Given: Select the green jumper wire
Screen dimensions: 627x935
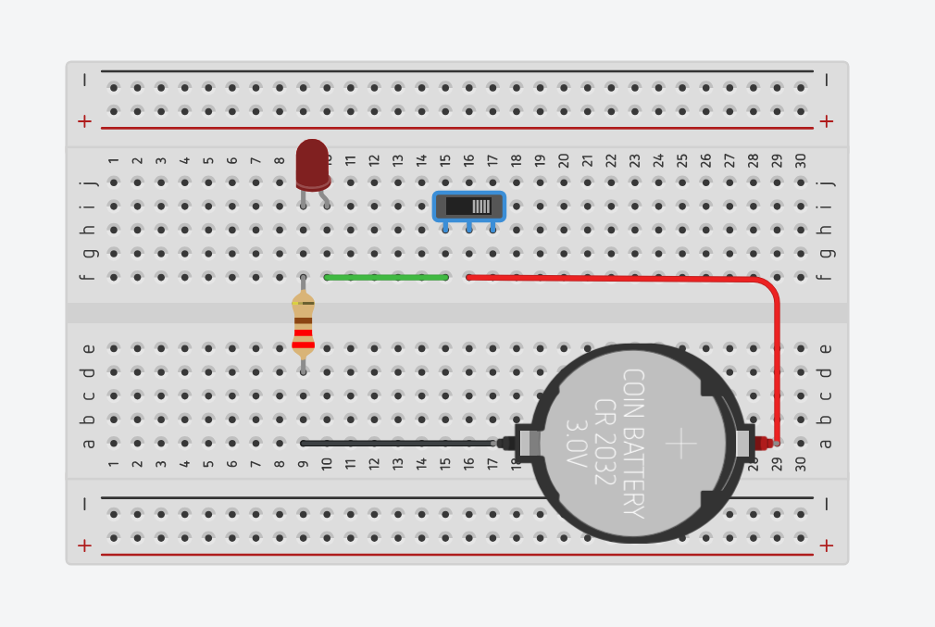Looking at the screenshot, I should pyautogui.click(x=386, y=277).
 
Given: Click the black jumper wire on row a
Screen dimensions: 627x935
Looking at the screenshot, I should pyautogui.click(x=398, y=444).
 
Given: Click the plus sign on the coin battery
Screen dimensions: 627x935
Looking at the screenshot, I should pyautogui.click(x=680, y=444).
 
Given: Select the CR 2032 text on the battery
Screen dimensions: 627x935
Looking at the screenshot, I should pyautogui.click(x=605, y=444).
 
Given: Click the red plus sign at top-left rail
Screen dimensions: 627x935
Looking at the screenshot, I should pyautogui.click(x=84, y=121).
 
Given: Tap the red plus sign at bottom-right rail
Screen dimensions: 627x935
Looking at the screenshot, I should pyautogui.click(x=827, y=545).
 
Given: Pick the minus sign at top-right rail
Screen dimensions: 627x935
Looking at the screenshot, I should pyautogui.click(x=827, y=81).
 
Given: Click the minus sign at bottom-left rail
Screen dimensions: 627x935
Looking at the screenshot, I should pyautogui.click(x=84, y=505).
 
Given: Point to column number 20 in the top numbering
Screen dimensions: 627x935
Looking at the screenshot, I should pyautogui.click(x=564, y=160).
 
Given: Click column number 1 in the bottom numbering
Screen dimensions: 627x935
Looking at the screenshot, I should pyautogui.click(x=113, y=462).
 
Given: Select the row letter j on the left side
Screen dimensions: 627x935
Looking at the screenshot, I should pyautogui.click(x=88, y=182).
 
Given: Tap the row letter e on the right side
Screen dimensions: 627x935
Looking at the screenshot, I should pyautogui.click(x=827, y=349).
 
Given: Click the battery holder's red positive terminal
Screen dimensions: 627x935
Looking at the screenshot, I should pyautogui.click(x=763, y=444).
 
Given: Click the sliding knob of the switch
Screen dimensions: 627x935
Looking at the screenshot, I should pyautogui.click(x=481, y=206).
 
